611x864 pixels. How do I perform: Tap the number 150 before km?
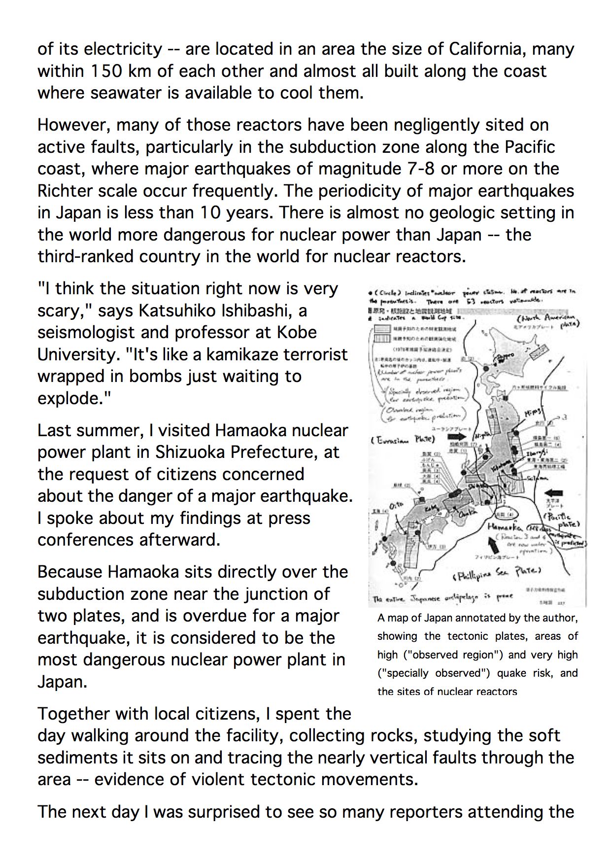click(104, 71)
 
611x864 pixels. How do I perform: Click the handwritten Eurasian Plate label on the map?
click(403, 439)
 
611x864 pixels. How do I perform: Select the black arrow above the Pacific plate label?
click(555, 492)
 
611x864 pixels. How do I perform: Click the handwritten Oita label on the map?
click(396, 505)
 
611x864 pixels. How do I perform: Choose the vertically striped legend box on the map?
click(383, 339)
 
